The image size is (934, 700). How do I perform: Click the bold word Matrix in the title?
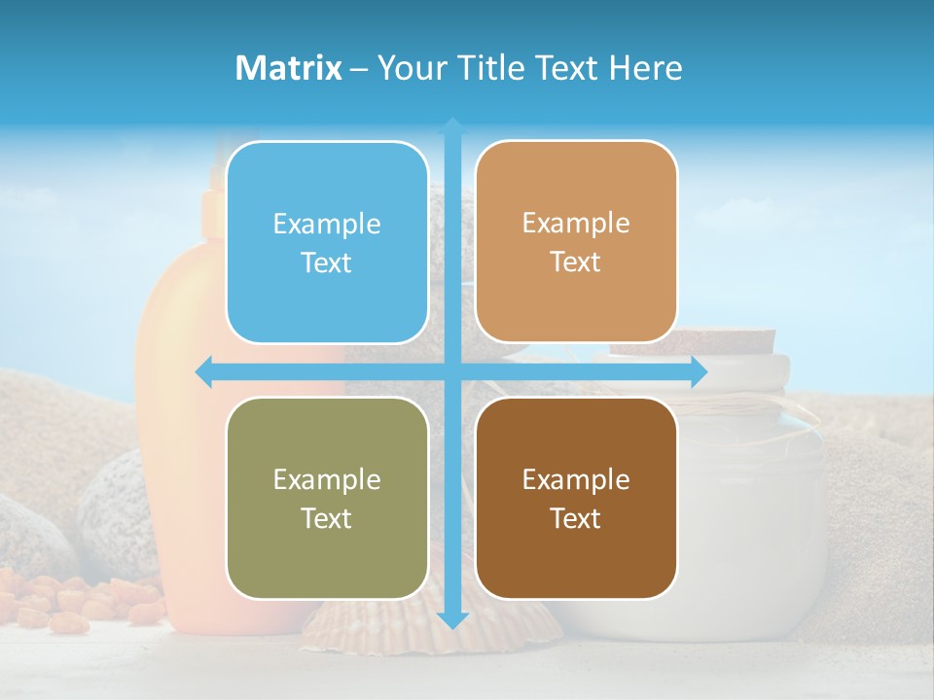289,68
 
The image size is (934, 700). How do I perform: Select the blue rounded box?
327,243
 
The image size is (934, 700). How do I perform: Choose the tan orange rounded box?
576,242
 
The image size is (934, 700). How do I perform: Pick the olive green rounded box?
327,499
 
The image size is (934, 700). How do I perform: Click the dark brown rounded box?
576,499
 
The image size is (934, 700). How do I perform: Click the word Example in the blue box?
327,225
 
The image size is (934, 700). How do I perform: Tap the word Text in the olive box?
327,518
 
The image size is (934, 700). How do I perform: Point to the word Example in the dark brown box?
576,479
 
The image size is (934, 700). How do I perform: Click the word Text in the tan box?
576,262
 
